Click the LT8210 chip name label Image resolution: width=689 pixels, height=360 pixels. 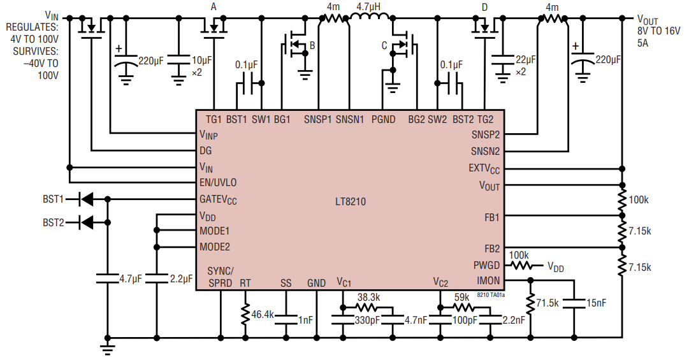tap(350, 201)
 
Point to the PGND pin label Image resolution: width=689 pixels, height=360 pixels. tap(382, 119)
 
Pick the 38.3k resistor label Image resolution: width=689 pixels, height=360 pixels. tap(369, 297)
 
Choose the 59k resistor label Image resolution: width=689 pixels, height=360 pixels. tap(461, 297)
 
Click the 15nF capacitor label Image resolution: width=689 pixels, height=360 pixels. tap(597, 304)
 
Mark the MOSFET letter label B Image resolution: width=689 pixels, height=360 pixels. tap(312, 45)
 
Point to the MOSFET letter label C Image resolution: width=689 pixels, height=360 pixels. tap(384, 45)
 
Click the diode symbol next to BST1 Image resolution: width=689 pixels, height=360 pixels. tap(84, 199)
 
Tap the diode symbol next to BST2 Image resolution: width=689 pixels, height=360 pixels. tap(84, 222)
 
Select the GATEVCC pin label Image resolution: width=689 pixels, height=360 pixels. tap(218, 199)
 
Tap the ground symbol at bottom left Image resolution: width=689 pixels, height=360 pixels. tap(108, 349)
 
